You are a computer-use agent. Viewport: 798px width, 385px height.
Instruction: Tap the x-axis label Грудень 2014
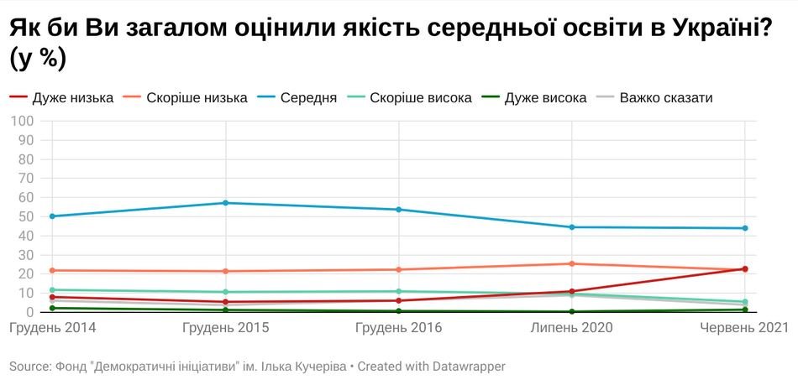(x=52, y=327)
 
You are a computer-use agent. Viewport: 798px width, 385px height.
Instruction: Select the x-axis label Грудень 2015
(x=226, y=327)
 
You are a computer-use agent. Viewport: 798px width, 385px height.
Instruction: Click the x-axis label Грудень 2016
(x=399, y=327)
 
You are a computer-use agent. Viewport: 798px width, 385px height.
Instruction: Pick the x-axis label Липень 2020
(x=572, y=327)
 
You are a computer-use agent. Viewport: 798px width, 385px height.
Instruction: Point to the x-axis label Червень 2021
(x=744, y=327)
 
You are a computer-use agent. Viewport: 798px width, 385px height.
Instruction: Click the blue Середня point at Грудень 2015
(x=226, y=203)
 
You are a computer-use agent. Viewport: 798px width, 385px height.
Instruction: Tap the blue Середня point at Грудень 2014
(x=52, y=216)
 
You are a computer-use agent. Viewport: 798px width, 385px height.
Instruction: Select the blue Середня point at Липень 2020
(x=572, y=227)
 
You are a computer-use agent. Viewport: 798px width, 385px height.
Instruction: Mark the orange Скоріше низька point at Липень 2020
(x=572, y=263)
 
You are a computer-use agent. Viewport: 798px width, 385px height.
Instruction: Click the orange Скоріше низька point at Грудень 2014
(x=52, y=270)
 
